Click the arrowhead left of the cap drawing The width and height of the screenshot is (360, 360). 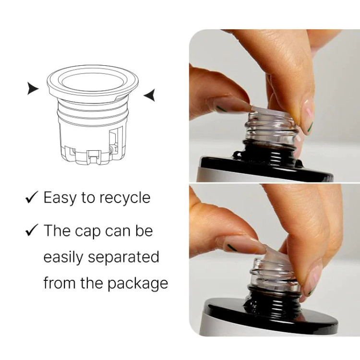pos(32,88)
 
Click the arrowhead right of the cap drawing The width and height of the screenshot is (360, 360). pos(150,95)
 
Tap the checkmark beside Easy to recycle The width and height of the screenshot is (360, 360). pos(32,197)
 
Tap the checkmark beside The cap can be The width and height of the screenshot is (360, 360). pos(32,230)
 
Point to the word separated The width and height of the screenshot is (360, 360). pos(123,257)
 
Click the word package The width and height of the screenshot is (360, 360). pos(138,284)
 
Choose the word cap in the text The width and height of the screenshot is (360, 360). pos(88,231)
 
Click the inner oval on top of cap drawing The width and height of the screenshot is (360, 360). pos(93,82)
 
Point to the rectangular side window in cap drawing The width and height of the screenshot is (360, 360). pos(114,141)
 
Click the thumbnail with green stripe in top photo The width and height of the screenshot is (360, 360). pos(232,106)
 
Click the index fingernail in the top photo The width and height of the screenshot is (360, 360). pos(308,116)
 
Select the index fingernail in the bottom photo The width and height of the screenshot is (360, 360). pos(312,279)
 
